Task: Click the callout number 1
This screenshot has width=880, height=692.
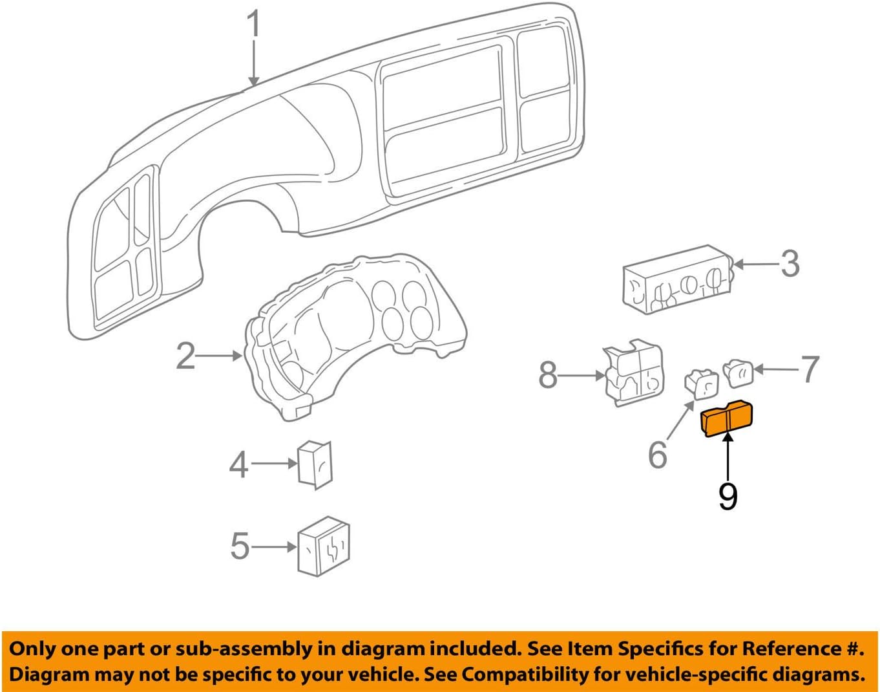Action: [x=255, y=24]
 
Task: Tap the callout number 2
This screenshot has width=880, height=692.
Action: [x=185, y=356]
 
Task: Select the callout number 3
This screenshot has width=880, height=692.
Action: [x=790, y=264]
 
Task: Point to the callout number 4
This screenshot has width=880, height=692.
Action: [x=238, y=464]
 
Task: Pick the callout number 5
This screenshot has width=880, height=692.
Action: [x=239, y=546]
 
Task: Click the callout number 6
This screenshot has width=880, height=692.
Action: [x=657, y=455]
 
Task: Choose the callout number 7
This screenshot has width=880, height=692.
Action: [x=810, y=369]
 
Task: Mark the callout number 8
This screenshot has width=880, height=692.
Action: [x=548, y=375]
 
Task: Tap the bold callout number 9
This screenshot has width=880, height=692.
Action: [x=728, y=497]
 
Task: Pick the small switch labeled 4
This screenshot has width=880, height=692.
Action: [x=315, y=463]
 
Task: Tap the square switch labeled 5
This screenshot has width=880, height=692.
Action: [x=323, y=546]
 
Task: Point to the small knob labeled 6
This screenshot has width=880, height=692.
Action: [x=701, y=384]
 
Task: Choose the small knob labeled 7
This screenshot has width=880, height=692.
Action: [x=738, y=373]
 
